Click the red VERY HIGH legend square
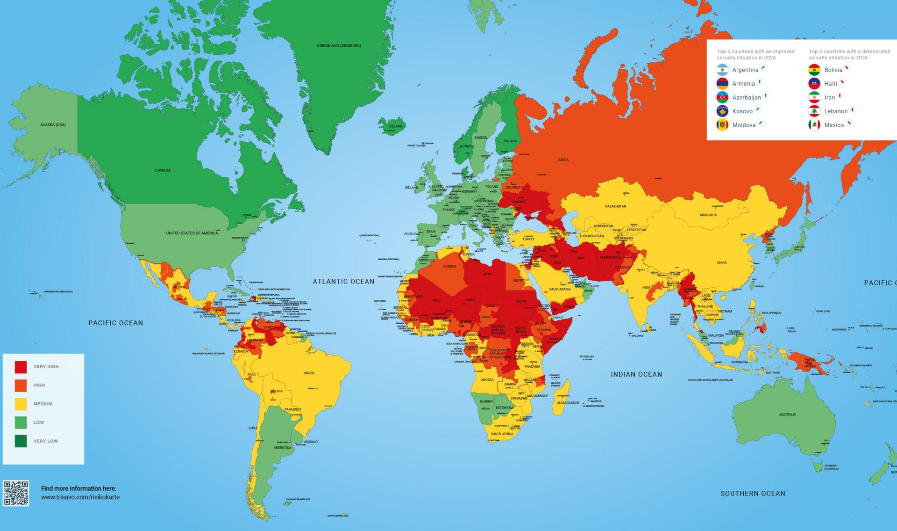(x=21, y=367)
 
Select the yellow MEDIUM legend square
(x=21, y=404)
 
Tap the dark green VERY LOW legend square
(x=21, y=441)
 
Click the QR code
(x=16, y=493)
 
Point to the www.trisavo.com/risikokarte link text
(x=80, y=497)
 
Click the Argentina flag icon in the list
(x=722, y=70)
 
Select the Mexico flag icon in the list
(x=814, y=125)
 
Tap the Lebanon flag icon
(x=814, y=111)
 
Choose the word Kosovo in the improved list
(x=742, y=111)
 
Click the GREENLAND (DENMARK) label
(x=339, y=46)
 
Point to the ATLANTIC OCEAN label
(x=343, y=282)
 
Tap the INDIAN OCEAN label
(x=636, y=374)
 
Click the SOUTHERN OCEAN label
(x=753, y=494)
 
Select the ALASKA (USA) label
(x=53, y=125)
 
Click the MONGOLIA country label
(x=708, y=215)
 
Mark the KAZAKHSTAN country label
(x=615, y=206)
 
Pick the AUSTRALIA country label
(x=787, y=415)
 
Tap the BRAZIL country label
(x=309, y=373)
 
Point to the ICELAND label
(x=395, y=126)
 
